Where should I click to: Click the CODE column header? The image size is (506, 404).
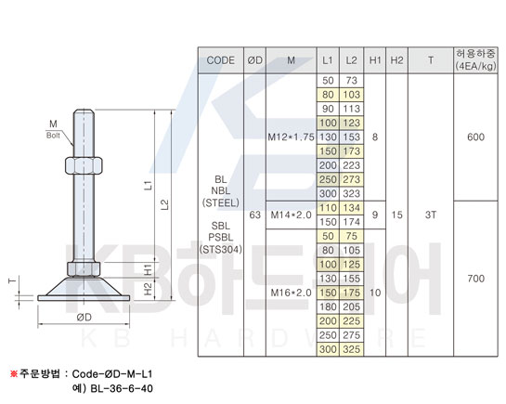coord(220,60)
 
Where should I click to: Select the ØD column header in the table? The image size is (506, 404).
coord(255,60)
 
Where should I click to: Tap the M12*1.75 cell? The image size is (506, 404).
coord(292,137)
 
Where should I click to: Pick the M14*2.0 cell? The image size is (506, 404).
coord(292,215)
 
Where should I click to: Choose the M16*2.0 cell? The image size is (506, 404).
coord(292,293)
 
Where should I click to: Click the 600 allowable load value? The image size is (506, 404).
coord(475,137)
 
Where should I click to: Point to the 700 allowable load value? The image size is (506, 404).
coord(475,279)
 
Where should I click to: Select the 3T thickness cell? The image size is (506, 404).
coord(431,215)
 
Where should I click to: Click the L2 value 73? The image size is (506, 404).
coord(352,81)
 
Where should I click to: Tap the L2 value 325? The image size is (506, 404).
coord(352,349)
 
